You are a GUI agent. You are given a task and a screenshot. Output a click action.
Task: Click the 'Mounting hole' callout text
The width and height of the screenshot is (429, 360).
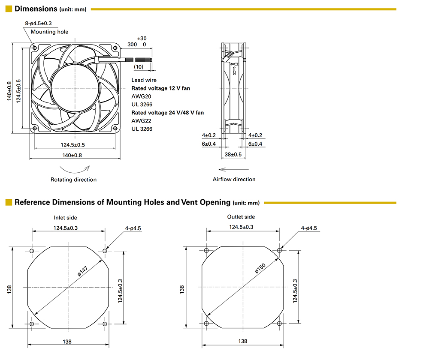pyautogui.click(x=49, y=32)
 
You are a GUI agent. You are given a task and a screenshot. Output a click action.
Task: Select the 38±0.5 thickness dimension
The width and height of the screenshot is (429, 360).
pyautogui.click(x=234, y=154)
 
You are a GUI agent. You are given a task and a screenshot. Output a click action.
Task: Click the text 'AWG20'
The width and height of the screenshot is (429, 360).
pyautogui.click(x=141, y=96)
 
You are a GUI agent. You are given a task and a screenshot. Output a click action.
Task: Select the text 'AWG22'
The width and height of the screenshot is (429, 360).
pyautogui.click(x=141, y=121)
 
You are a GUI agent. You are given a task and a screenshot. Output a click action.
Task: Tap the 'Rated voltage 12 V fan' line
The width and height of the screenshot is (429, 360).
pyautogui.click(x=160, y=88)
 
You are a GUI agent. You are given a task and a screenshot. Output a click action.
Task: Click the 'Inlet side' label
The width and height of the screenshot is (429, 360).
pyautogui.click(x=66, y=218)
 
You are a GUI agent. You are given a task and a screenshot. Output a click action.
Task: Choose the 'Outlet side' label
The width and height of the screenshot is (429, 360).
pyautogui.click(x=241, y=217)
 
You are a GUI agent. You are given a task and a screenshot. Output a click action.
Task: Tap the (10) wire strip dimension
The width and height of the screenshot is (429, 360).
pyautogui.click(x=139, y=67)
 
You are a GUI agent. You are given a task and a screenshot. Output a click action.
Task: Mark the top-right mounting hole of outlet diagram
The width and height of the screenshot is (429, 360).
pyautogui.click(x=280, y=250)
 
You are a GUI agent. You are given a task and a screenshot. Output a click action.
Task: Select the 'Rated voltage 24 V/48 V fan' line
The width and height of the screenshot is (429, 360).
pyautogui.click(x=167, y=113)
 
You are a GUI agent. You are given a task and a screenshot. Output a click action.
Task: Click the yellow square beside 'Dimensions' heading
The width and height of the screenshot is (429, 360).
pyautogui.click(x=8, y=9)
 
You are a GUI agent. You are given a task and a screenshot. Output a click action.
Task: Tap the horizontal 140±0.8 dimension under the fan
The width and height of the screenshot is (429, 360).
pyautogui.click(x=72, y=155)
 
